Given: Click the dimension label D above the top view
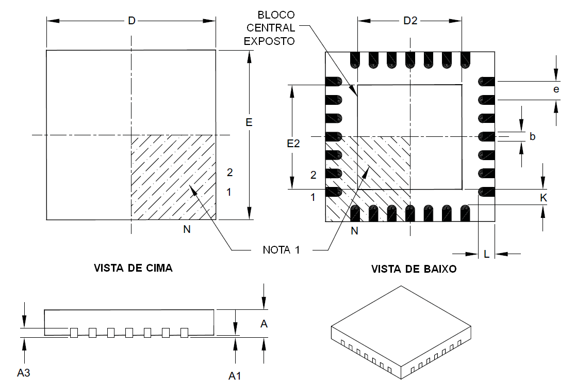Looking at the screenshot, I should (132, 21).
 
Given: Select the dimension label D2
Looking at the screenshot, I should (410, 21).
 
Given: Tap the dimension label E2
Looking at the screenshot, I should (293, 144).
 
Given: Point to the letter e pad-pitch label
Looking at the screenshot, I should (555, 89).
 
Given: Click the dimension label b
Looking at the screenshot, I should (533, 136).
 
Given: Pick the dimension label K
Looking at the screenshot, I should (543, 197).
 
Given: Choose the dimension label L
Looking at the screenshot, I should (487, 254).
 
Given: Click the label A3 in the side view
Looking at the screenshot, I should (24, 372).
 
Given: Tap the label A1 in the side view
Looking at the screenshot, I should (235, 376).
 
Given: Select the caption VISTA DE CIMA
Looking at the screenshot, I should (133, 269).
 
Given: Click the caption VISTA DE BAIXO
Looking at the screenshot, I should (414, 269).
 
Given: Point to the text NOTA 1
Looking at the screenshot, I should (281, 250).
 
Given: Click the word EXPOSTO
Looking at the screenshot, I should (269, 41).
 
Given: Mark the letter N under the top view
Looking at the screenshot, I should (187, 230).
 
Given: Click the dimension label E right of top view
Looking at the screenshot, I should (249, 123).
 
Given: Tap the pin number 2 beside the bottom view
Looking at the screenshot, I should (313, 175).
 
